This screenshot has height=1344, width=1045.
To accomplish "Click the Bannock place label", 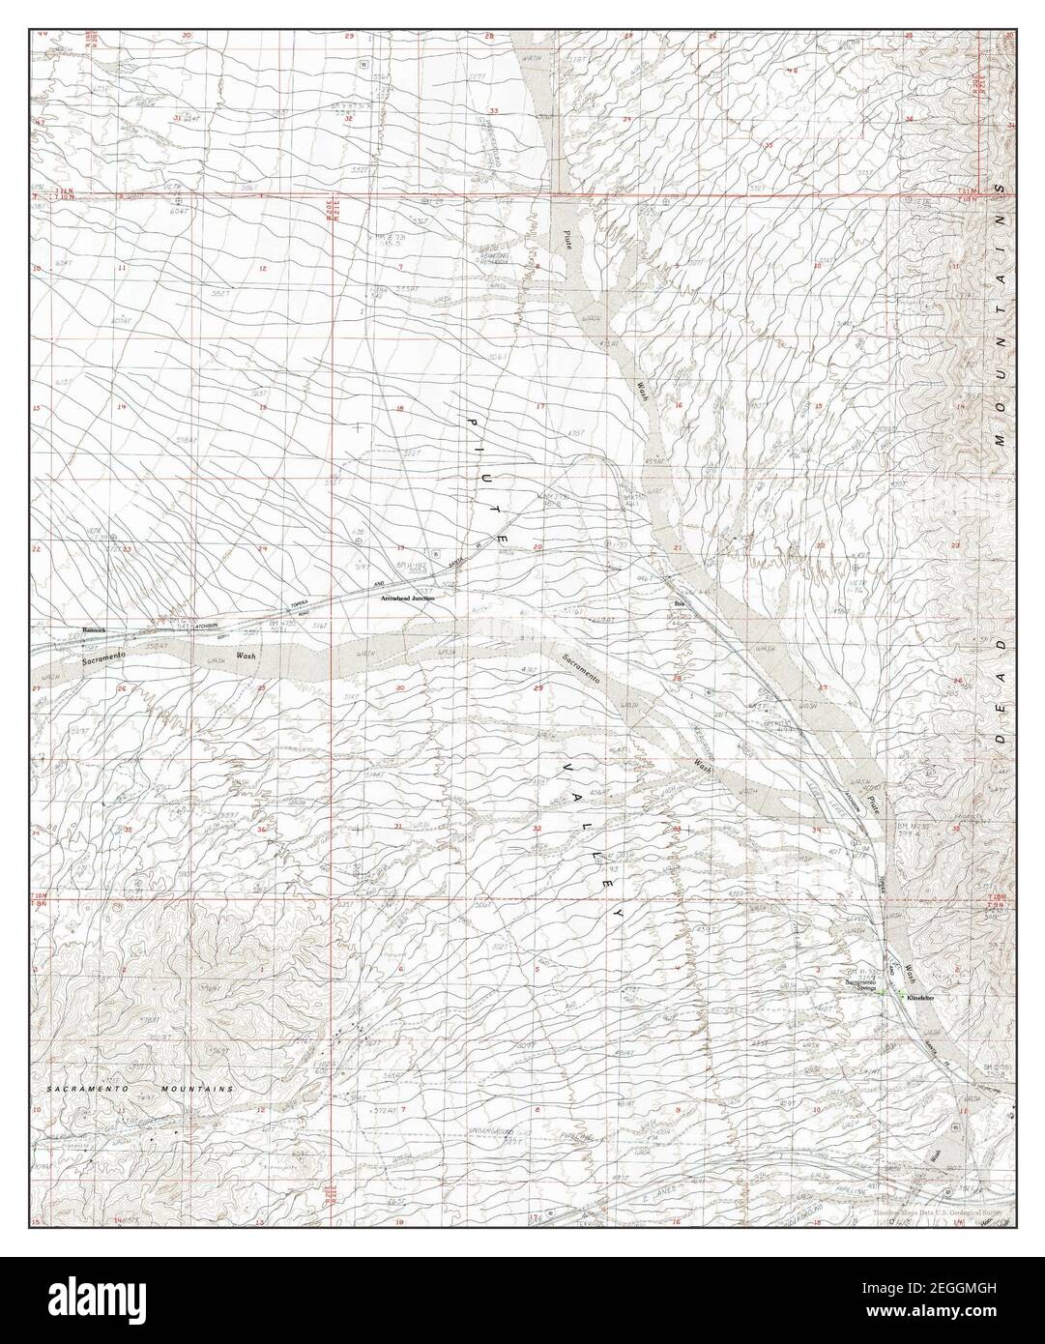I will pos(94,629).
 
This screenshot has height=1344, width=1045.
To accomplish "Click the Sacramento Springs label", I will pos(862,986).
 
